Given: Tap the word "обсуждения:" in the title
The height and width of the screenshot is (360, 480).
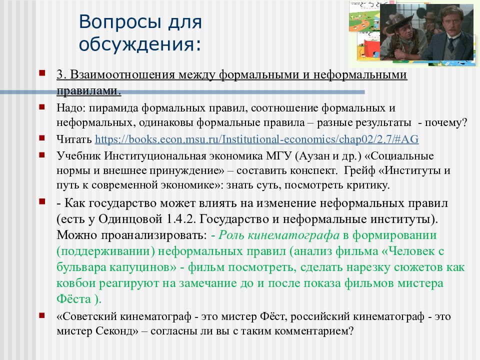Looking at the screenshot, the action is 140,44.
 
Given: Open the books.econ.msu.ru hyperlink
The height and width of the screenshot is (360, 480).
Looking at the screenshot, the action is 257,139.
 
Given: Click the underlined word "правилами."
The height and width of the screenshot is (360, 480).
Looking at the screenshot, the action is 89,90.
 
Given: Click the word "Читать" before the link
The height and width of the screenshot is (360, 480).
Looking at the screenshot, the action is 74,139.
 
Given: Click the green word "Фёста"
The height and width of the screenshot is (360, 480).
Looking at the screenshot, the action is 74,299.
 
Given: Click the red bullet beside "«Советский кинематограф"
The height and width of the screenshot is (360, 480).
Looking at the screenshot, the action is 42,315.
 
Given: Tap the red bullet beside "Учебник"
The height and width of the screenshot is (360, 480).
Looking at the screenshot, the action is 42,155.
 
